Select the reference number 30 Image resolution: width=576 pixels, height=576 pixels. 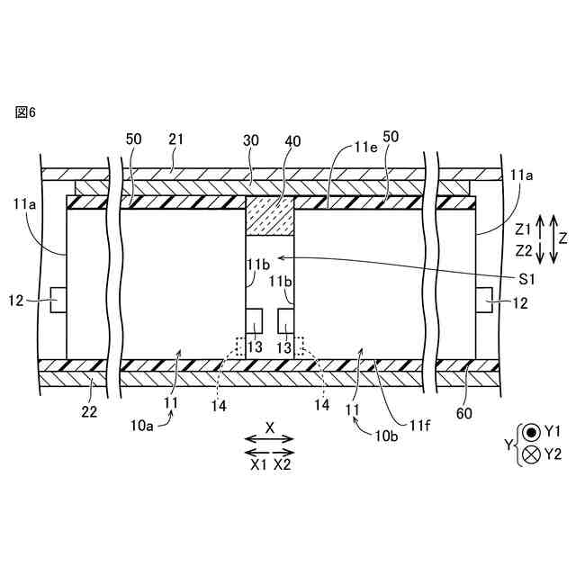pos(250,140)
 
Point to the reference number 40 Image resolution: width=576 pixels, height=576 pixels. pos(294,140)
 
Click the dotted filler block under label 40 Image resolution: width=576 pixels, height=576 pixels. pos(271,217)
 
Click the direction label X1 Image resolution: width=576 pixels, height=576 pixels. pos(257,464)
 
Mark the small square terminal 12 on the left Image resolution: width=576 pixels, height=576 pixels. pos(57,300)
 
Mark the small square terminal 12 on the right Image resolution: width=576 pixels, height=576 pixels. pos(484,300)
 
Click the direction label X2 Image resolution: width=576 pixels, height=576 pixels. pos(283,464)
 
